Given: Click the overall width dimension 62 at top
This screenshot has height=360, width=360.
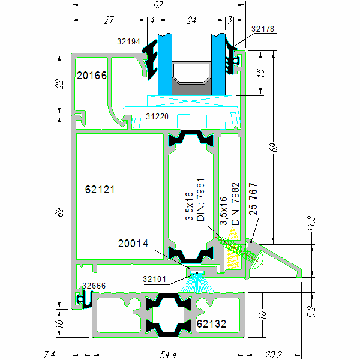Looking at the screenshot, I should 158,5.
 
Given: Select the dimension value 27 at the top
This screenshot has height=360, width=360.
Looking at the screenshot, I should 109,20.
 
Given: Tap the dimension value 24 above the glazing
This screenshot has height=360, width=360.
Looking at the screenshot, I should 191,20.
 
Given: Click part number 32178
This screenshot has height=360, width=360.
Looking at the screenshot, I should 262,29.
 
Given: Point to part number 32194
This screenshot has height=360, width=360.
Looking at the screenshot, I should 128,41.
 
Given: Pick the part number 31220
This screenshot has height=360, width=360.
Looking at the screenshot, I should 157,118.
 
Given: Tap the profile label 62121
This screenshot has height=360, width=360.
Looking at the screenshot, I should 100,189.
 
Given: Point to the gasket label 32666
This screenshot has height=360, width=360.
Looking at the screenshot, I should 95,286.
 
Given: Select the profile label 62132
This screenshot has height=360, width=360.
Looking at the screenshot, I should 211,324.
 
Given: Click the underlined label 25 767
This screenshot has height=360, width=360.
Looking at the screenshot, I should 253,199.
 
